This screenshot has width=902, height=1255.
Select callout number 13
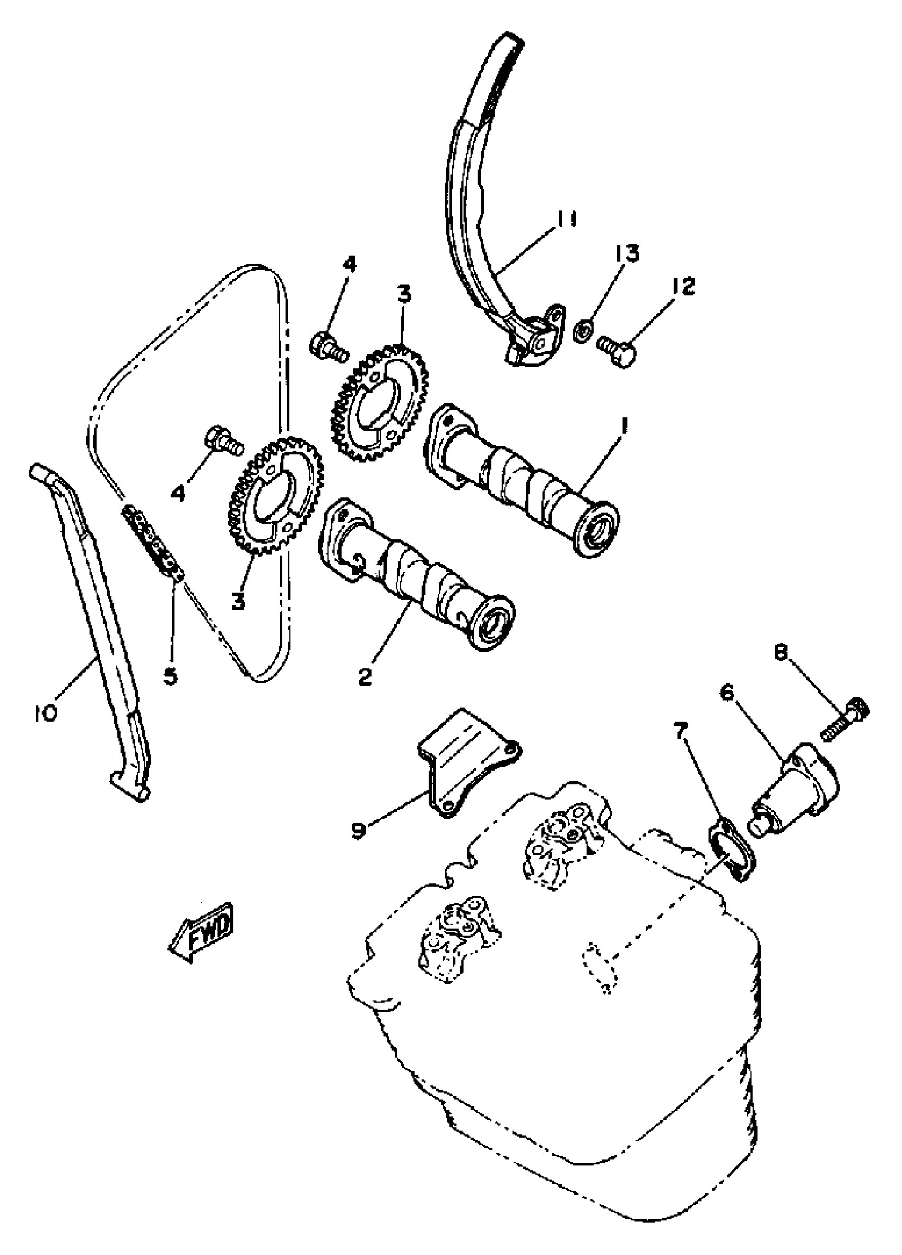tap(626, 253)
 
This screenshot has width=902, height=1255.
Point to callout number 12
tap(684, 286)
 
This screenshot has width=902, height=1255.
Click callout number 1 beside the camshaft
tap(624, 426)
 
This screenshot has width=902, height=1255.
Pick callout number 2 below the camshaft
tap(365, 676)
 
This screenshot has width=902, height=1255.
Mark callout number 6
tap(726, 693)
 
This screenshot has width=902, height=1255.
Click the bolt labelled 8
tap(845, 720)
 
